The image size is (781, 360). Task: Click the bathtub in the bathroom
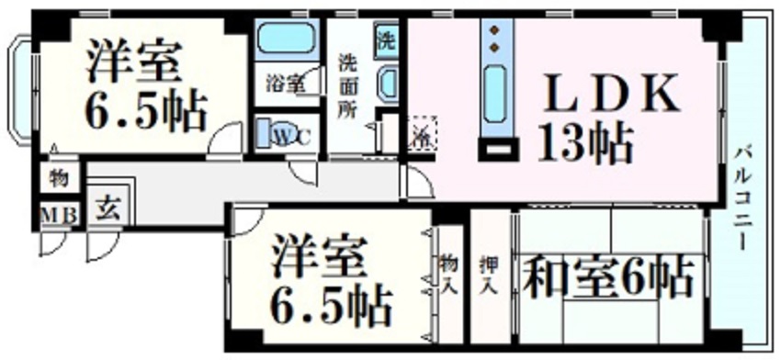click(x=285, y=40)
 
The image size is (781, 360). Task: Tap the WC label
click(x=292, y=136)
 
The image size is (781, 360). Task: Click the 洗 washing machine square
click(x=386, y=40)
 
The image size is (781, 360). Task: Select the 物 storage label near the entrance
click(x=58, y=178)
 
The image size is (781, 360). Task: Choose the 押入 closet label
click(x=491, y=273)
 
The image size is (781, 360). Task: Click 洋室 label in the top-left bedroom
click(x=135, y=62)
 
